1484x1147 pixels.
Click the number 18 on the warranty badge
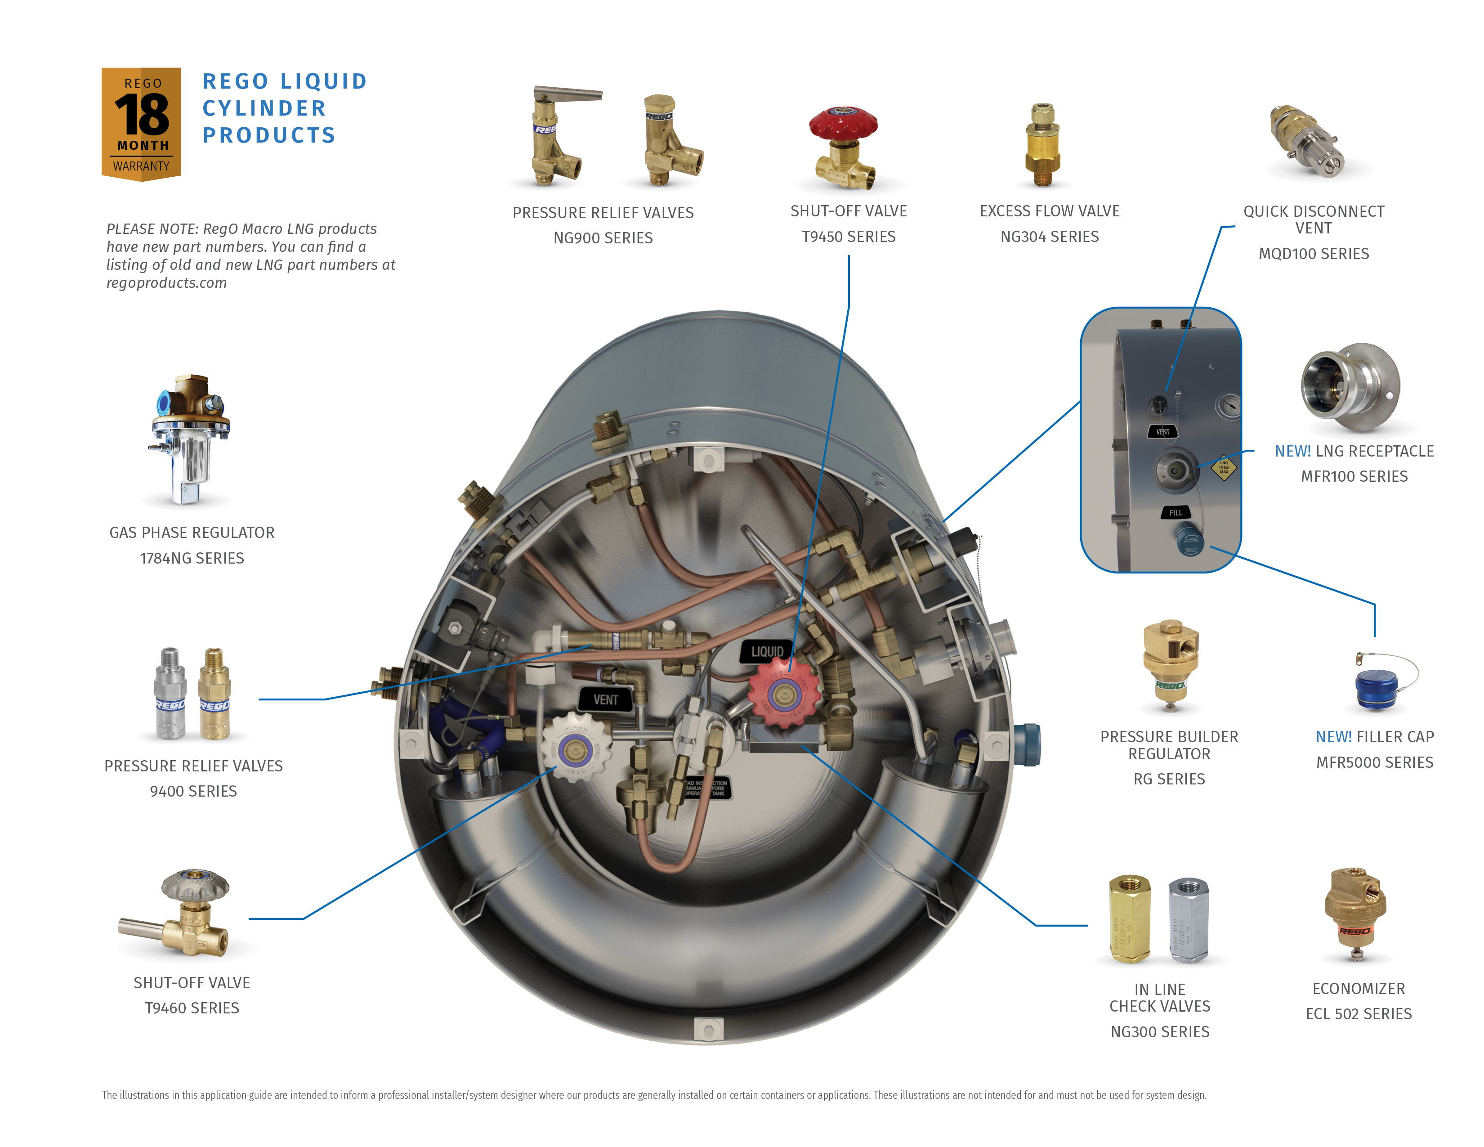141,114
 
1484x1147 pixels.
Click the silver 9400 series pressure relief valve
170,694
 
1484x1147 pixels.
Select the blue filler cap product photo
1376,688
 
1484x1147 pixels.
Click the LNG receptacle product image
1349,387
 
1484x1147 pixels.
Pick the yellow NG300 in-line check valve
1129,918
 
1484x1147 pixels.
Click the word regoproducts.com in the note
166,282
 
